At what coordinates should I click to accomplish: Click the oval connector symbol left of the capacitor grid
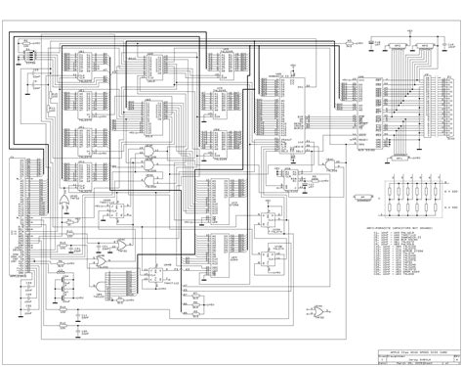pos(362,197)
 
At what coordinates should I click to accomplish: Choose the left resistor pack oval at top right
pos(397,45)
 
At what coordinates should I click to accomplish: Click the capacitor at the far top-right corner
pos(451,44)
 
